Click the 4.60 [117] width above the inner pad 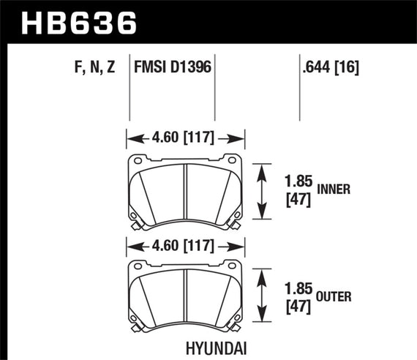[184, 136]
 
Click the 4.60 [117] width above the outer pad [184, 244]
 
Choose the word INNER [335, 189]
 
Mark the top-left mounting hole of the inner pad [138, 160]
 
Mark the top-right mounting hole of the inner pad [232, 160]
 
